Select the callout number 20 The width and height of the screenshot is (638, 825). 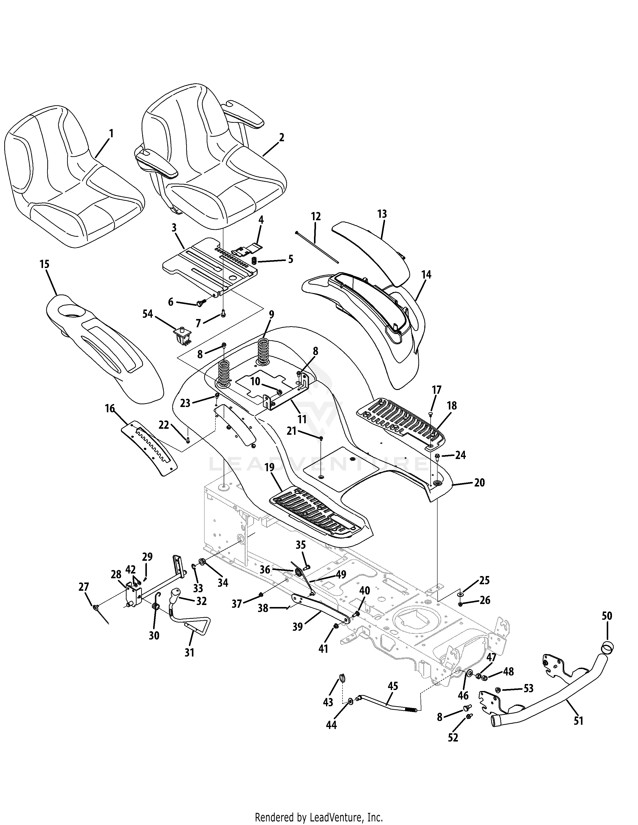pos(479,483)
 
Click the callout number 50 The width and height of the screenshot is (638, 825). pos(607,616)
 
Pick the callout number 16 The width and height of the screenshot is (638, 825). pos(110,409)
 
